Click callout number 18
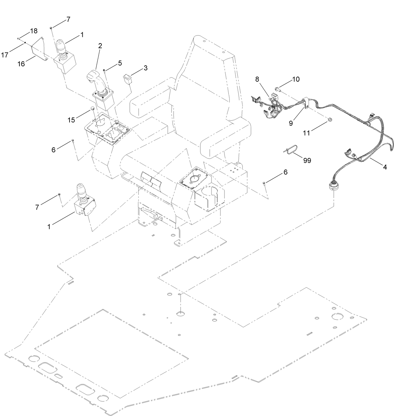(34, 31)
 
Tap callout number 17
(4, 55)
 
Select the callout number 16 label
(21, 64)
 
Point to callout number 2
(100, 46)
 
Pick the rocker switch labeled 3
(127, 77)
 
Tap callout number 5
(120, 63)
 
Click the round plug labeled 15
(93, 109)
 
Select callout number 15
(71, 119)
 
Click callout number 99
(307, 160)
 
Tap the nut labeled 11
(330, 119)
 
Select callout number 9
(291, 123)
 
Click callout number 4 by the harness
(385, 167)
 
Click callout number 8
(257, 79)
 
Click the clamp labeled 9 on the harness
(305, 104)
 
